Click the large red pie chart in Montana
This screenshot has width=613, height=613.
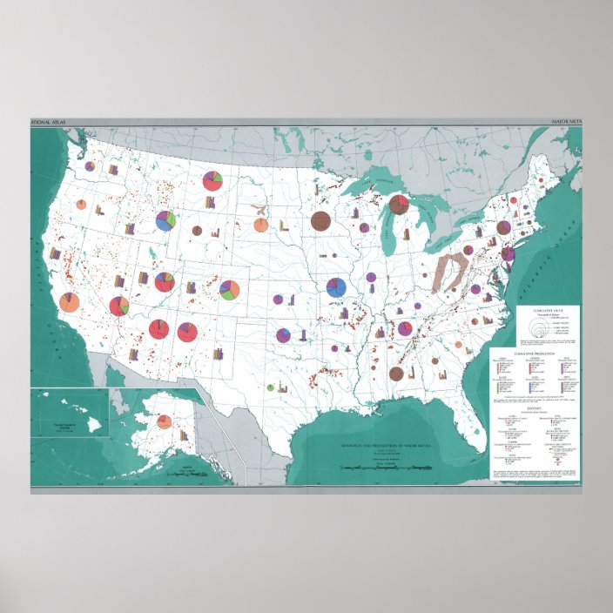pos(212,180)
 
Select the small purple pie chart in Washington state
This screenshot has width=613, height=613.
pos(90,165)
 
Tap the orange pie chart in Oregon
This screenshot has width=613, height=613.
pos(81,205)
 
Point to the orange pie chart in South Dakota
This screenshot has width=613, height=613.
pos(260,225)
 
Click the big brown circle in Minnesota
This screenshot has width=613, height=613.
pos(320,221)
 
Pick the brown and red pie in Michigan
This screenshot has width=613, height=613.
pos(399,205)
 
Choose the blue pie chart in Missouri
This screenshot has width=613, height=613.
pos(336,287)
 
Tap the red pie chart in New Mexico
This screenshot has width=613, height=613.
pos(187,332)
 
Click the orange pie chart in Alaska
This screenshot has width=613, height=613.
pos(164,422)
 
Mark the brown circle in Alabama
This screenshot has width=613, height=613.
pos(396,374)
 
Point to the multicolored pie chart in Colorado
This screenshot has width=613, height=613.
pos(230,289)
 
